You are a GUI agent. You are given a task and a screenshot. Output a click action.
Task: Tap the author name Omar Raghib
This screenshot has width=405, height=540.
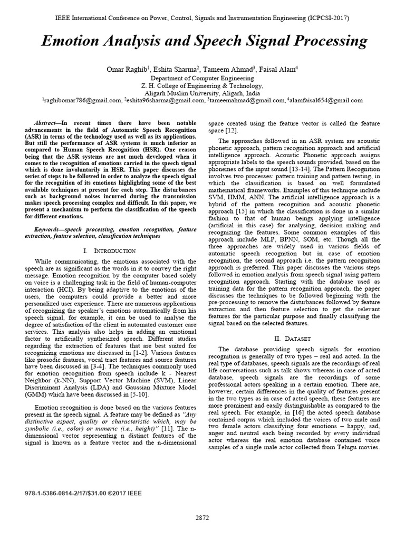[x=124, y=68]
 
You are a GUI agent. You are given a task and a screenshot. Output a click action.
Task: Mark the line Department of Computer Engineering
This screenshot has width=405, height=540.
[x=202, y=77]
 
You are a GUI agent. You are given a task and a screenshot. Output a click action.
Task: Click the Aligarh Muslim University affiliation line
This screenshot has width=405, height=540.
[x=202, y=92]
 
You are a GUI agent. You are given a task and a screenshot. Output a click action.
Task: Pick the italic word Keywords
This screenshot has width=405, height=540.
[x=48, y=230]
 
